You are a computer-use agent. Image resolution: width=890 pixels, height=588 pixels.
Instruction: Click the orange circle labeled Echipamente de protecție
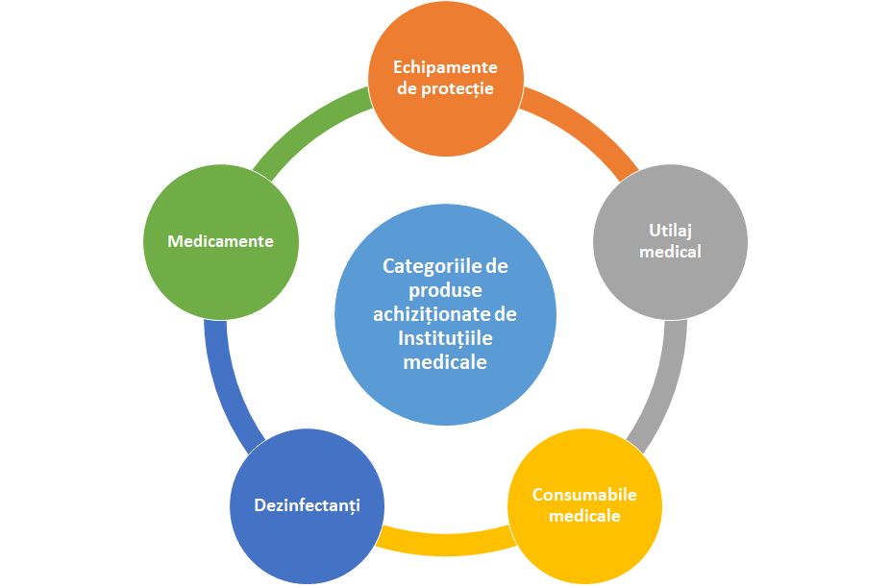pos(446,79)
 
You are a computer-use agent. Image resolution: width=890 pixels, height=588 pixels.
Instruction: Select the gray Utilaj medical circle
pos(670,242)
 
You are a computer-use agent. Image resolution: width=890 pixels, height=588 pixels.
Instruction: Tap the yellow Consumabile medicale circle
pos(584,505)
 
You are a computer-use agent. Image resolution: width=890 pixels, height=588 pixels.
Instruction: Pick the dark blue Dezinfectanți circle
pos(307,505)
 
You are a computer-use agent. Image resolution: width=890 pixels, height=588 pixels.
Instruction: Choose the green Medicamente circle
pos(221,242)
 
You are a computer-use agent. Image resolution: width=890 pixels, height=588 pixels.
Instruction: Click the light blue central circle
pos(446,314)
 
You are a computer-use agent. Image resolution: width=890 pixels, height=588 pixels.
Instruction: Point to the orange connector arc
pos(584,126)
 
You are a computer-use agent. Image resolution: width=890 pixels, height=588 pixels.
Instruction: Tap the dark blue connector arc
pos(226,387)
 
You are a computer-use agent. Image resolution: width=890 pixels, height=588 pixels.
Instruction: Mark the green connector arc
pos(307,126)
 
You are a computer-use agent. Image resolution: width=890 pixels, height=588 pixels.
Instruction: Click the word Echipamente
pos(446,67)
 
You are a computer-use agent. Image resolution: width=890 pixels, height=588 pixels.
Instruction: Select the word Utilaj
pos(670,231)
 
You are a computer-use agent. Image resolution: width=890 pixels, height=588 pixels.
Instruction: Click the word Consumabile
pos(584,495)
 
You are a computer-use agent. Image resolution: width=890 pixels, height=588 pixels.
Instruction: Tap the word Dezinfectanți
pos(307,505)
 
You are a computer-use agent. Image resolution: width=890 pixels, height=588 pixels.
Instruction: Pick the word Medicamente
pos(221,241)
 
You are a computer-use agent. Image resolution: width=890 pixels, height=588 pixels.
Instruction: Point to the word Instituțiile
pos(446,338)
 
